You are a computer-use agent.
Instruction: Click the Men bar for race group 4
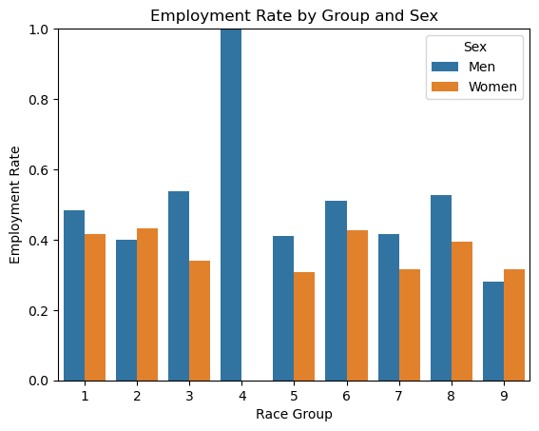[231, 205]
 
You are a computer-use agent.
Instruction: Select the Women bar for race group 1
[95, 307]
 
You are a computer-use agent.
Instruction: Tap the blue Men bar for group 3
[179, 286]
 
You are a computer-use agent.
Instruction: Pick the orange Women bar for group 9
[514, 325]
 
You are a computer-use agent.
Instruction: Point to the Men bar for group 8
[441, 288]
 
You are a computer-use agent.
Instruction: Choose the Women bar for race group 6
[357, 305]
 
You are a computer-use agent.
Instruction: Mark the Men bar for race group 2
[126, 310]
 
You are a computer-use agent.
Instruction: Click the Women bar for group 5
[304, 326]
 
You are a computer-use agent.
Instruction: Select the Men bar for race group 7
[389, 307]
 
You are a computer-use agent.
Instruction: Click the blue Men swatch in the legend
[445, 67]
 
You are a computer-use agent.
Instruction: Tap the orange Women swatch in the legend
[445, 87]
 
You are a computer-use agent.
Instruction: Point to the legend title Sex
[475, 47]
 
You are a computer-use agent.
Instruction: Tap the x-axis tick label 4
[242, 396]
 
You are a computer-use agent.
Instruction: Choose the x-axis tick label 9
[504, 396]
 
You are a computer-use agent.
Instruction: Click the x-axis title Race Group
[295, 414]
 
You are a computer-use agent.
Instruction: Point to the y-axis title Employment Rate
[14, 206]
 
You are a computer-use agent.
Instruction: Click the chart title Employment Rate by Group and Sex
[295, 16]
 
